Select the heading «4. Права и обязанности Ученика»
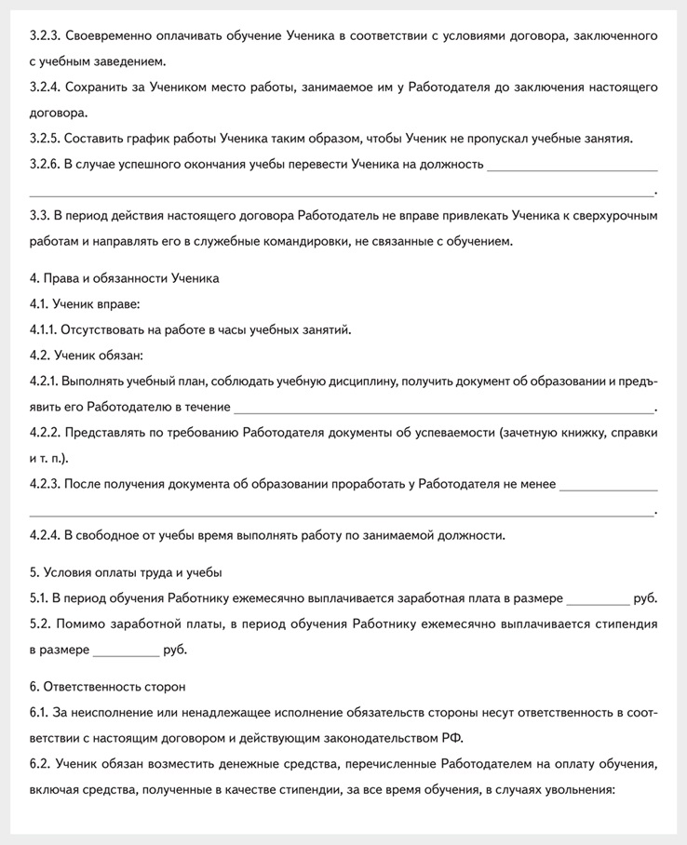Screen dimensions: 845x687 (124, 277)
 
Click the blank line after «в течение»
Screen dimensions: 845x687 (444, 407)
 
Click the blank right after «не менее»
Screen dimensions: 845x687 (609, 484)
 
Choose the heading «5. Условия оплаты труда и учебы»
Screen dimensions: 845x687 (126, 571)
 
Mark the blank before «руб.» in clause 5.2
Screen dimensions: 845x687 (126, 650)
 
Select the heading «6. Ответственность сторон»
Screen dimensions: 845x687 (107, 687)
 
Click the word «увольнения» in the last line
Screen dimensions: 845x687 (576, 790)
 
